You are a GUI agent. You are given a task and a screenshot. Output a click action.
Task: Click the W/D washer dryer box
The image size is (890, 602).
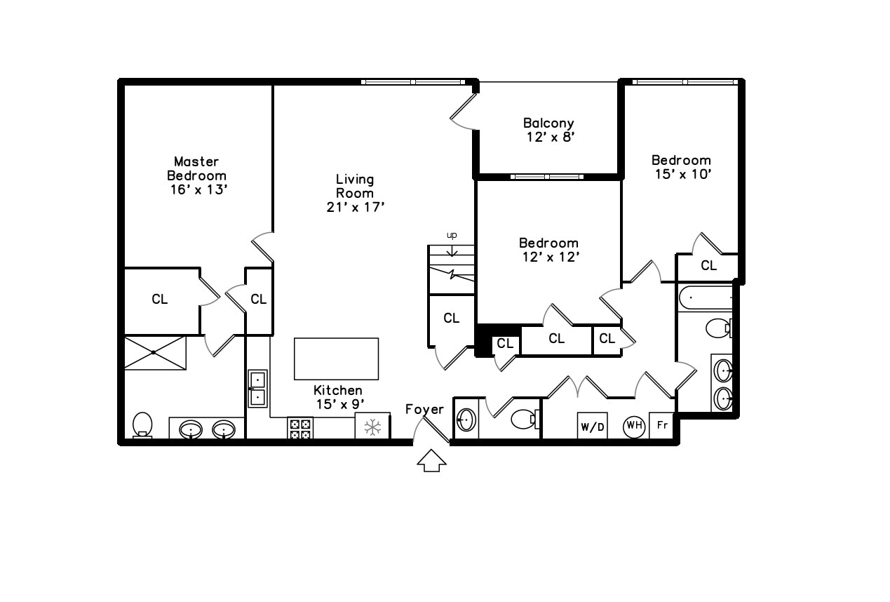(x=592, y=426)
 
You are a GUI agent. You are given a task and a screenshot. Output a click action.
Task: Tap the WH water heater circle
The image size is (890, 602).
(x=634, y=426)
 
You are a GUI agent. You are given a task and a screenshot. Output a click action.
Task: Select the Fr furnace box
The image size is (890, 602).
(x=661, y=426)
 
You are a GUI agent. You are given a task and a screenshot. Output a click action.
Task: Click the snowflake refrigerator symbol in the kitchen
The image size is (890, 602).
(x=372, y=427)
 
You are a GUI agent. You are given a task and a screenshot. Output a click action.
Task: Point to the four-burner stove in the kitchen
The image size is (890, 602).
(x=300, y=429)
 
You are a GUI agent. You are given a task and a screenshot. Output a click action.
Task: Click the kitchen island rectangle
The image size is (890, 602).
(x=336, y=359)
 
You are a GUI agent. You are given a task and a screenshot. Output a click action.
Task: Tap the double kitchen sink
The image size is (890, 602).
(x=257, y=389)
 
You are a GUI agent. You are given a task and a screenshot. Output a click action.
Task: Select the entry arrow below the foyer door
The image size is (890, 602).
(x=431, y=460)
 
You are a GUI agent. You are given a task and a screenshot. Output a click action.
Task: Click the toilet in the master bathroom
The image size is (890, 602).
(x=142, y=424)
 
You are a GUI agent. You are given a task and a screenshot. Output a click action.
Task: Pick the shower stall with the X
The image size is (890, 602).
(x=155, y=353)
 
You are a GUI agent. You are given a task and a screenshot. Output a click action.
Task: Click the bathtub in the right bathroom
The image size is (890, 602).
(x=706, y=297)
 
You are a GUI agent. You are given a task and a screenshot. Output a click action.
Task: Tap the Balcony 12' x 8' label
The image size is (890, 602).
(x=549, y=130)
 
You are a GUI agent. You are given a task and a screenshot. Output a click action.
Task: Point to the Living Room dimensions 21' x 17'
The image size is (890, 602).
(x=355, y=207)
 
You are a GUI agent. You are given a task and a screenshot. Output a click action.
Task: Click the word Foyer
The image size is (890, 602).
(x=424, y=409)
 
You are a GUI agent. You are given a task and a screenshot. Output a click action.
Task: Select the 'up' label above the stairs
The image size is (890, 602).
(x=452, y=235)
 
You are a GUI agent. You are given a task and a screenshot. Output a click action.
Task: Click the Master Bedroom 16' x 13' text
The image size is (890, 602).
(x=197, y=175)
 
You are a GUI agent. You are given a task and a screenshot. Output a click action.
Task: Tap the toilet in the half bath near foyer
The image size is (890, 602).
(x=525, y=419)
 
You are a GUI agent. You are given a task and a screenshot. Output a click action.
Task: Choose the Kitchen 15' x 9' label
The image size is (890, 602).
(x=339, y=397)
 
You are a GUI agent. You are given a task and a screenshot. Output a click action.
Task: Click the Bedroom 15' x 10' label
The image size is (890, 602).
(x=682, y=167)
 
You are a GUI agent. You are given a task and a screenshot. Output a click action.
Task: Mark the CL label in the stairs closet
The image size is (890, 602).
(x=452, y=318)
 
